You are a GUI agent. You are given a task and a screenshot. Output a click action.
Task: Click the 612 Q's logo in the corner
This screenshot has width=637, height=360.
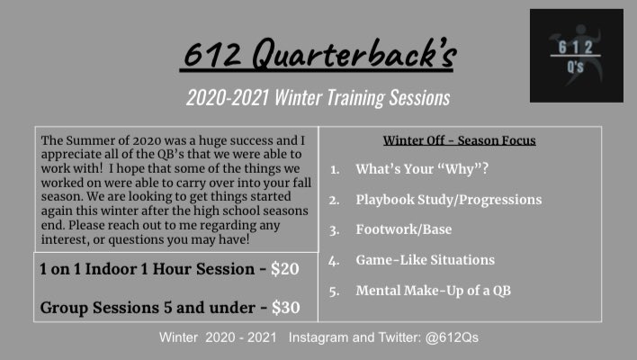point(576,55)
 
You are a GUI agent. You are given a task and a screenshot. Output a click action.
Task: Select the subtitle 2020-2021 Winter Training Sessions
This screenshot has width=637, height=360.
point(318,96)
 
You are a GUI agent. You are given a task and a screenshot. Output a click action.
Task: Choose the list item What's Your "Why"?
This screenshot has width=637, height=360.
point(421,168)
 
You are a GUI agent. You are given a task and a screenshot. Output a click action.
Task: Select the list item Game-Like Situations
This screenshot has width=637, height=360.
point(425,260)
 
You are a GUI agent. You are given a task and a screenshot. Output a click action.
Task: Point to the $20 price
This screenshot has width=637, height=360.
point(285,269)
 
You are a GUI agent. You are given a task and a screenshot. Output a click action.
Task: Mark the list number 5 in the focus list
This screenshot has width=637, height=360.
point(334,291)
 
